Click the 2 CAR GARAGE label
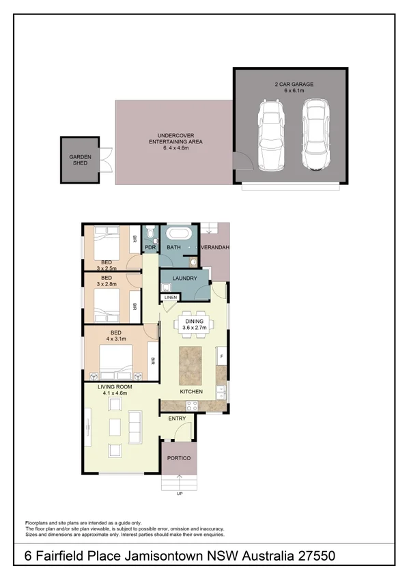click(294, 84)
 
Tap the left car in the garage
click(271, 135)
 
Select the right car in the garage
click(316, 135)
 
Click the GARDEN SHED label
click(80, 160)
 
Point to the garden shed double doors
click(106, 160)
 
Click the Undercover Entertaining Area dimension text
click(175, 148)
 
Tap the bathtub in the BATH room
click(179, 234)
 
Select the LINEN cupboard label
click(171, 297)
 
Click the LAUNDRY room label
click(184, 279)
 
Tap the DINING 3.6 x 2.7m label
click(194, 324)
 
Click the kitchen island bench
click(191, 365)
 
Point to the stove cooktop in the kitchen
click(192, 406)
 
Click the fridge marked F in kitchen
click(221, 356)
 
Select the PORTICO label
click(179, 458)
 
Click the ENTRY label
click(177, 419)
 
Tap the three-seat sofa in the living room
click(135, 427)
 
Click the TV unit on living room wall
click(88, 427)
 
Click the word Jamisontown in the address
click(164, 556)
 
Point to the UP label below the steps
click(180, 494)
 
